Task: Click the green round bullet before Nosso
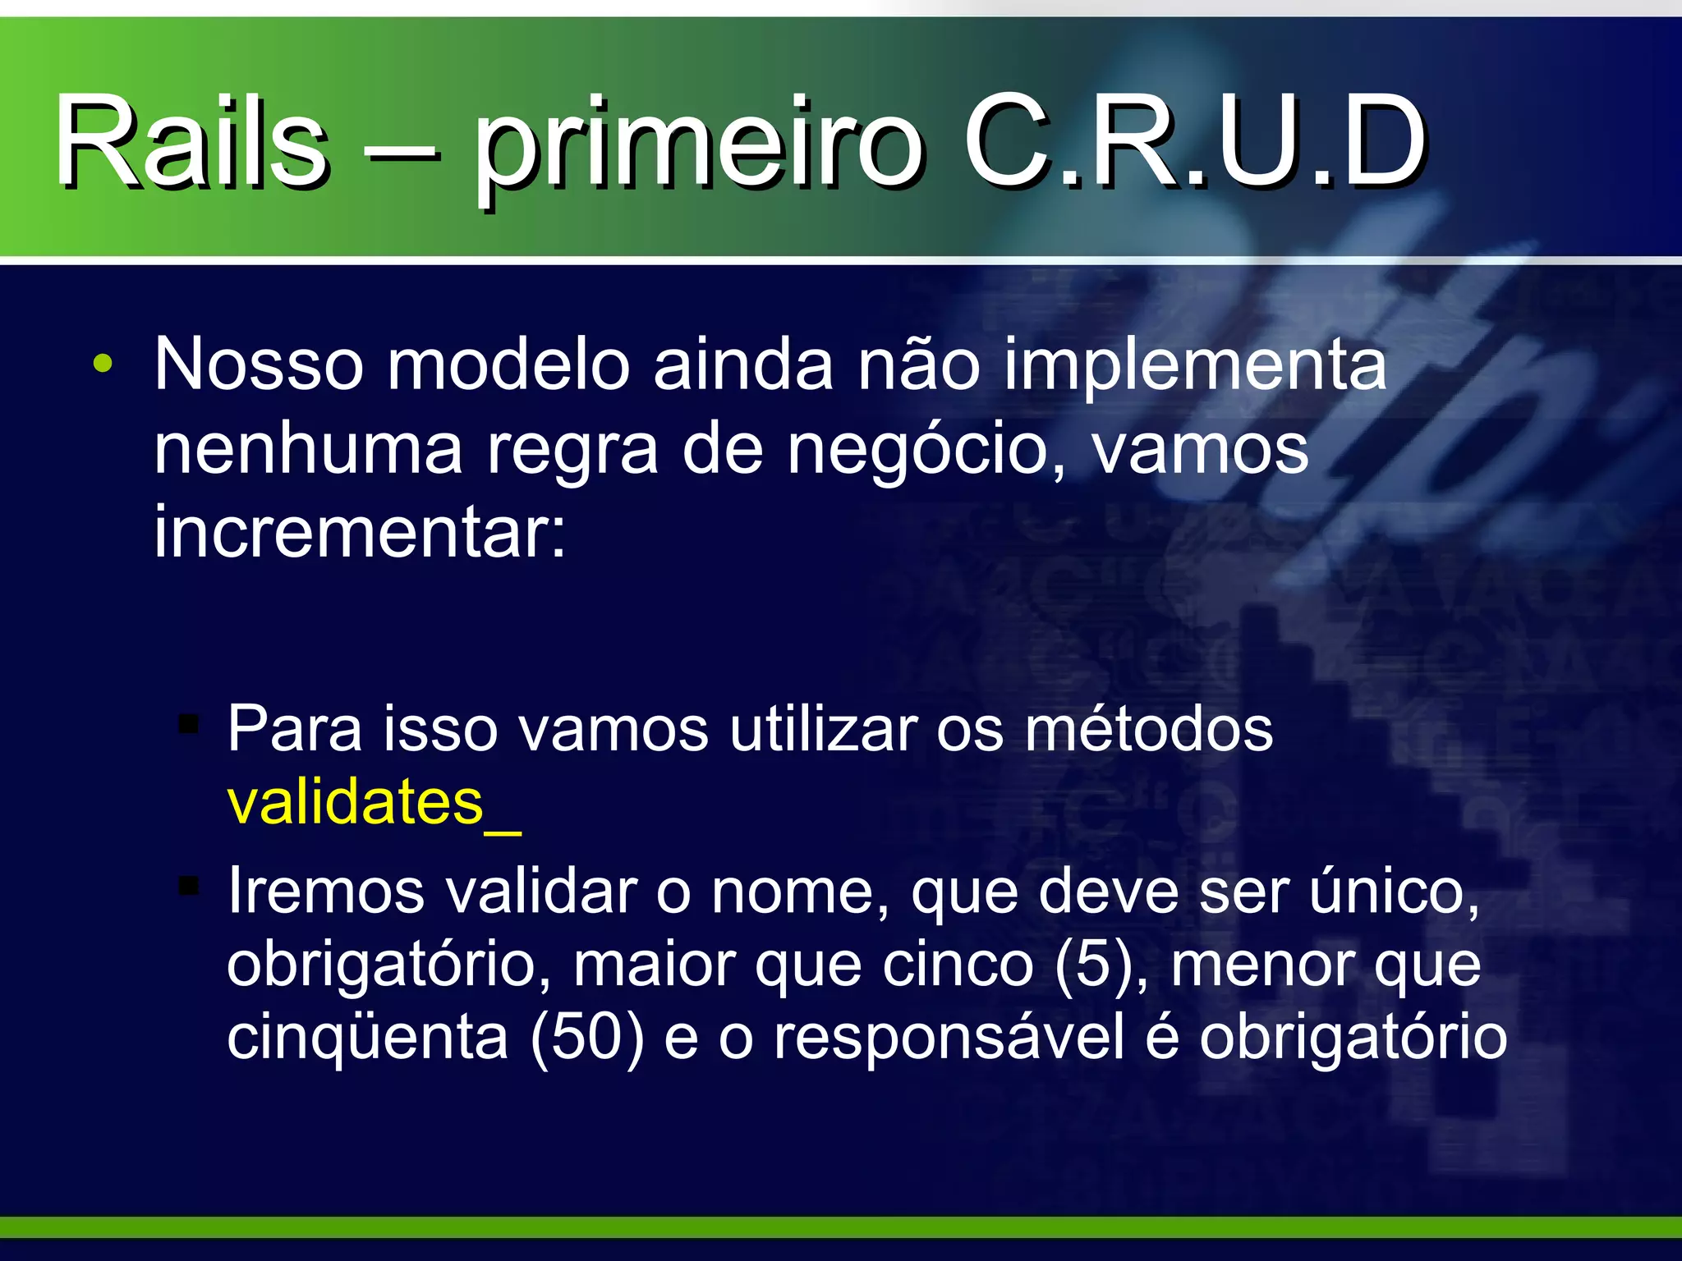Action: [102, 364]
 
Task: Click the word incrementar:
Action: [360, 532]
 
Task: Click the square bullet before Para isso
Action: [190, 725]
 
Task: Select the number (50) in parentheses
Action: [586, 1037]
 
